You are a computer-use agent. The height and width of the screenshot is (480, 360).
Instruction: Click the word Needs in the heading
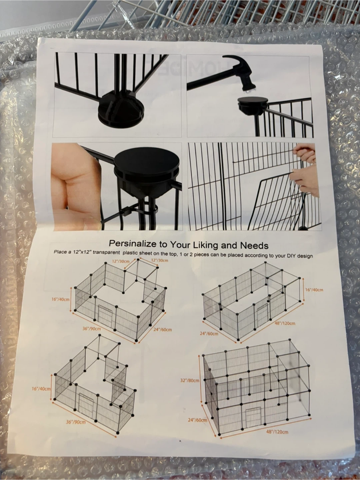pyautogui.click(x=254, y=246)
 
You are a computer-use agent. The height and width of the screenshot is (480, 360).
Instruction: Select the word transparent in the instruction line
pyautogui.click(x=106, y=252)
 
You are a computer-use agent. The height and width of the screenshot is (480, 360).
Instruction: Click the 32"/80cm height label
pyautogui.click(x=190, y=380)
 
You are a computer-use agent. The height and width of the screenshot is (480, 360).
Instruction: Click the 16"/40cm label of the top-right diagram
pyautogui.click(x=314, y=290)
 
